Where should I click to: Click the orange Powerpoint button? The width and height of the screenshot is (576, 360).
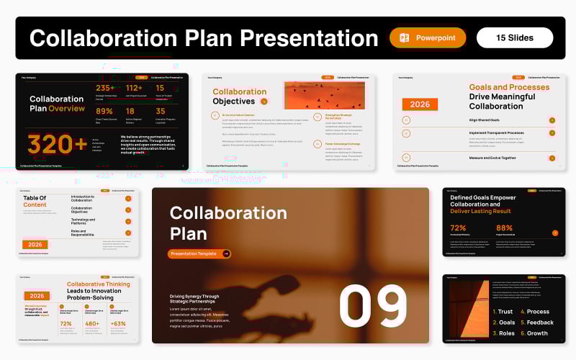(428, 37)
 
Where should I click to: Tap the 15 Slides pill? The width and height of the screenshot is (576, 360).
(515, 37)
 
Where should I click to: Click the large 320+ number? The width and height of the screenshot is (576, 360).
(57, 145)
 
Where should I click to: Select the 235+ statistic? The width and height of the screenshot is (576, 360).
(105, 89)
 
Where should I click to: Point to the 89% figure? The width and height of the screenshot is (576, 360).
(104, 112)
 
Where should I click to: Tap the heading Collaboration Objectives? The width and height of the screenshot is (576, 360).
(239, 96)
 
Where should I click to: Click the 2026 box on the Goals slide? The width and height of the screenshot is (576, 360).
(419, 104)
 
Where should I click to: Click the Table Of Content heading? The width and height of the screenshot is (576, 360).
(34, 201)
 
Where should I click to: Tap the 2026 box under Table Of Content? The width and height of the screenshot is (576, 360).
(35, 244)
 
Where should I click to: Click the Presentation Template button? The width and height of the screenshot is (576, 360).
(199, 253)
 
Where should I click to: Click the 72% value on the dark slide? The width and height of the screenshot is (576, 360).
(458, 228)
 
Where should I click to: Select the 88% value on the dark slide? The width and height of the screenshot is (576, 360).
(504, 228)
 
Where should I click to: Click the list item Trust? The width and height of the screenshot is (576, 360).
(503, 312)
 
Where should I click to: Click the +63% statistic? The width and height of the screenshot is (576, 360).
(118, 324)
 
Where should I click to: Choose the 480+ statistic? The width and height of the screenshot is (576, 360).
(91, 324)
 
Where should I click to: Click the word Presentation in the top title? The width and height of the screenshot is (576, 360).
(310, 38)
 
